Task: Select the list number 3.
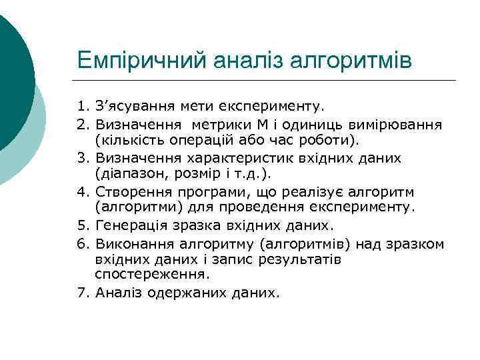tap(82, 158)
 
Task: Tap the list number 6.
tap(82, 244)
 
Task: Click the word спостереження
tap(152, 274)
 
